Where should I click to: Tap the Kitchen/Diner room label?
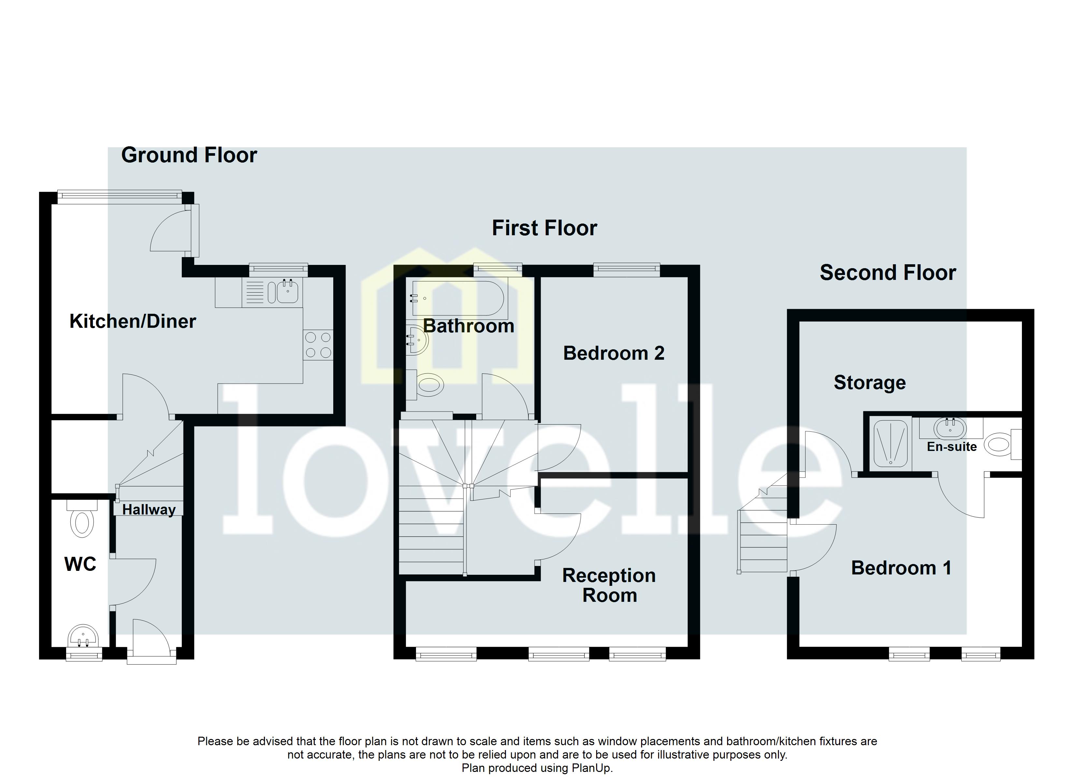pyautogui.click(x=133, y=322)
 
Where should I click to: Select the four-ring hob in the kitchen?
pyautogui.click(x=318, y=345)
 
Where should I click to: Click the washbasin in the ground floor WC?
pyautogui.click(x=83, y=635)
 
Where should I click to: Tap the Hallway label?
pyautogui.click(x=149, y=510)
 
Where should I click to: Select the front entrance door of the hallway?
pyautogui.click(x=151, y=638)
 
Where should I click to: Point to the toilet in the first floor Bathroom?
pyautogui.click(x=428, y=384)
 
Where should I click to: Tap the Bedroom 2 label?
pyautogui.click(x=613, y=353)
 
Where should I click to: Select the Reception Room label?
pyautogui.click(x=609, y=585)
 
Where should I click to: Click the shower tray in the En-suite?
pyautogui.click(x=891, y=442)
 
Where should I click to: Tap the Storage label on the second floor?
pyautogui.click(x=869, y=383)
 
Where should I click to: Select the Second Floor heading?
pyautogui.click(x=887, y=273)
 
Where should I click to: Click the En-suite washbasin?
pyautogui.click(x=950, y=428)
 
